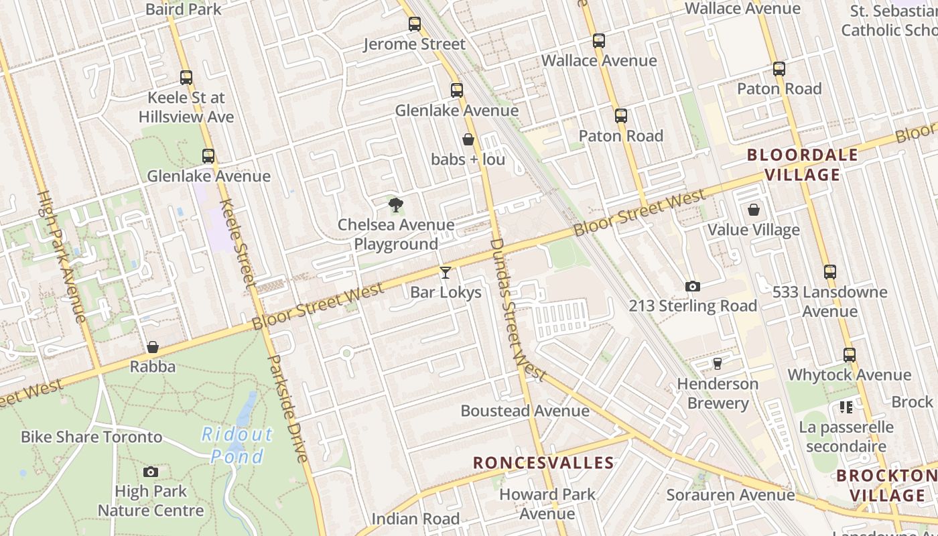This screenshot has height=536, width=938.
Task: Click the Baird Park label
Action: click(183, 9)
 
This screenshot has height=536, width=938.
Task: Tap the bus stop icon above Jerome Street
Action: click(415, 25)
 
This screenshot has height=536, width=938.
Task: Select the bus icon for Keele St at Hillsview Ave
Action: click(186, 78)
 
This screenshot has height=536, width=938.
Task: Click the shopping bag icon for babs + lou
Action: click(468, 139)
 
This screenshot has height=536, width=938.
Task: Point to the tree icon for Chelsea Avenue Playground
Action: click(396, 204)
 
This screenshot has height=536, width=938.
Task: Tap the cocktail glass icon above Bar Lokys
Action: click(446, 272)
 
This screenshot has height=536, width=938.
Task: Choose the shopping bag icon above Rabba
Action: click(153, 347)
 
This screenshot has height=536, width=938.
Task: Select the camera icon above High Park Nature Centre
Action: click(151, 472)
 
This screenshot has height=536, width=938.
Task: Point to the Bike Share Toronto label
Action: click(92, 437)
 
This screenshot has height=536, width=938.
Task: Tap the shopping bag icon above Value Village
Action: click(754, 210)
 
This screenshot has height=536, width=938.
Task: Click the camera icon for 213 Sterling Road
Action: click(693, 286)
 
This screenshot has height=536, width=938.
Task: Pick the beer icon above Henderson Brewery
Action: click(718, 363)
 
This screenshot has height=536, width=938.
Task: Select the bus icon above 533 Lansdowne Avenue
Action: click(830, 272)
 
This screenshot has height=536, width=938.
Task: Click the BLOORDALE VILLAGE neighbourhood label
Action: click(803, 165)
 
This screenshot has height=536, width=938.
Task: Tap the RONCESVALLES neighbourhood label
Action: click(543, 462)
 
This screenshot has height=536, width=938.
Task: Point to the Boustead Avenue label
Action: click(525, 411)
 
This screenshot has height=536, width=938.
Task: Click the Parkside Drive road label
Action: click(287, 409)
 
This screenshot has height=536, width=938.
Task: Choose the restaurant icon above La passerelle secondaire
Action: click(846, 407)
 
